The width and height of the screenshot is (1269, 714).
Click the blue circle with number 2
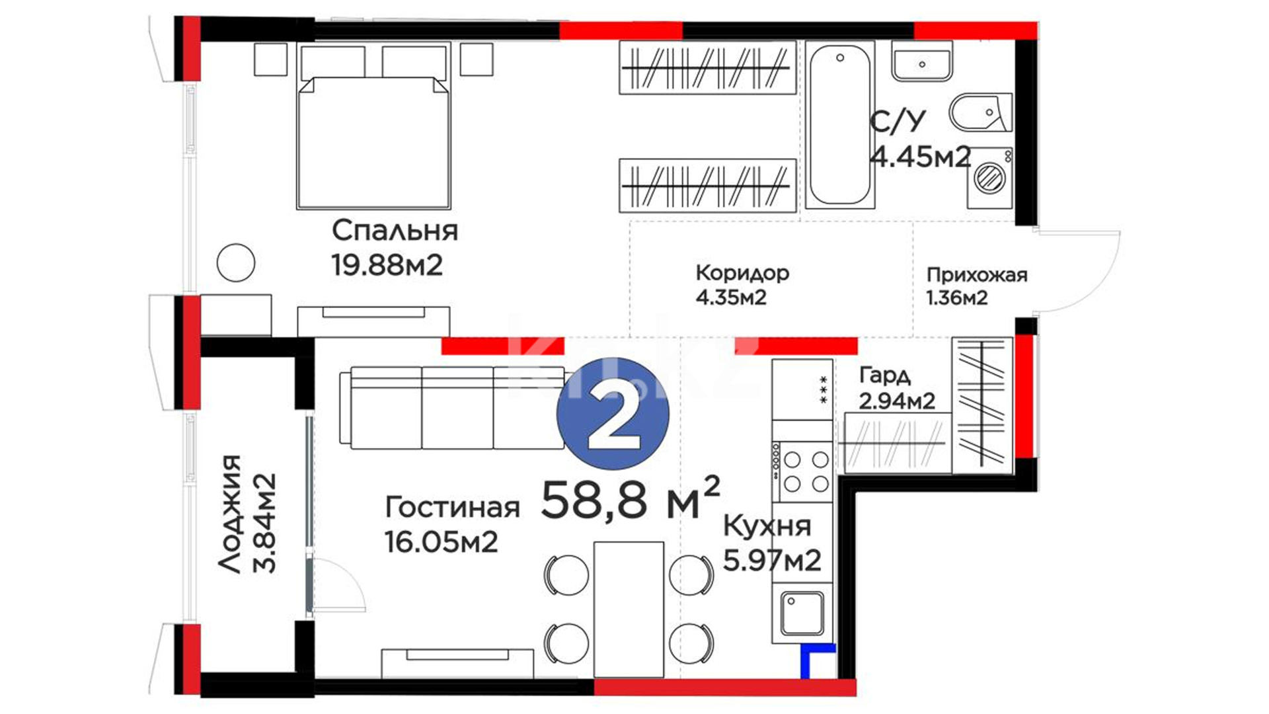(x=613, y=414)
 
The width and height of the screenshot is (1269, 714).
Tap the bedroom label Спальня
(x=395, y=231)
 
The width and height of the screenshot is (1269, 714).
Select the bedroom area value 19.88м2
(x=387, y=265)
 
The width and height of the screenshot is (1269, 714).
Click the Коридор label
(x=742, y=273)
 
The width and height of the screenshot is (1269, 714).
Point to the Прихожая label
(x=977, y=275)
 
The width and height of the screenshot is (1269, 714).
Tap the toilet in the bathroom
(x=981, y=112)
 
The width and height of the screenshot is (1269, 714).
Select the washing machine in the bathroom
(x=990, y=177)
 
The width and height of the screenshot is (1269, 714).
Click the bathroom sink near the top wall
(x=922, y=61)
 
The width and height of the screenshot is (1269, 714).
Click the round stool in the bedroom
(x=236, y=262)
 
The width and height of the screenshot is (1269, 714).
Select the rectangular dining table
(x=629, y=610)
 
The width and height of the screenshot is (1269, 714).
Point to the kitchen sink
(x=802, y=614)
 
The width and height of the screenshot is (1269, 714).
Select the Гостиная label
(x=452, y=508)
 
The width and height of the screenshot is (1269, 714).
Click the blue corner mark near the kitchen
(x=817, y=660)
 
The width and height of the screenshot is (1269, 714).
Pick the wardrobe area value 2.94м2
(x=897, y=401)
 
